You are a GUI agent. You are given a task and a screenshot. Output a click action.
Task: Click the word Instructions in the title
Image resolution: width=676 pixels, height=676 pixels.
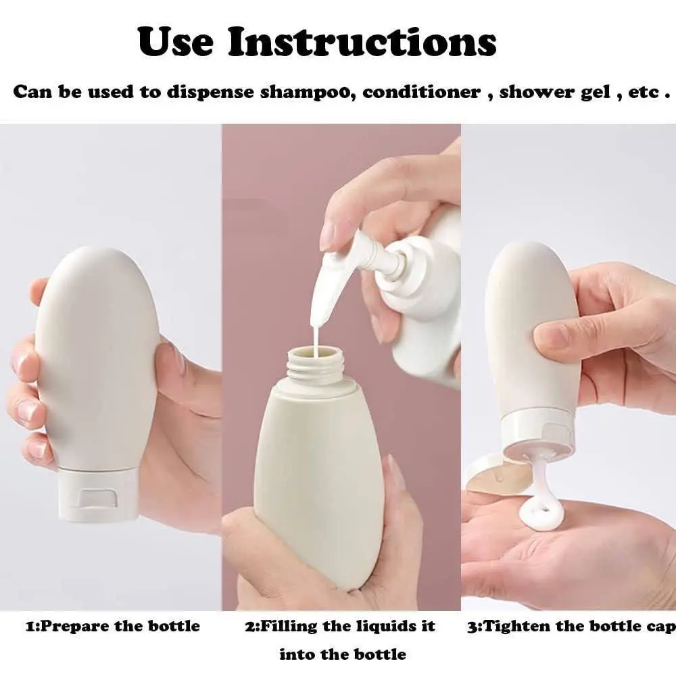[362, 42]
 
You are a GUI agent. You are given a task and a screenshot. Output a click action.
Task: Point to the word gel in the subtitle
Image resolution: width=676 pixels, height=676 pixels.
[596, 92]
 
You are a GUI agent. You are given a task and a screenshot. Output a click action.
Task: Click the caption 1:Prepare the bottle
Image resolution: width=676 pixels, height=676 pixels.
[113, 626]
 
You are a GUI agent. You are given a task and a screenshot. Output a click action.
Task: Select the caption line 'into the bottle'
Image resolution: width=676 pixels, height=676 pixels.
[343, 654]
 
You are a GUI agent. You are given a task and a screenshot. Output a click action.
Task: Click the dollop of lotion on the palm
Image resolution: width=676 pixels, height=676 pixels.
[541, 516]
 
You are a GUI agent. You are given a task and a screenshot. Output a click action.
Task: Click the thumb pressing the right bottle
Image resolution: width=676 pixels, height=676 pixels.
[561, 333]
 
